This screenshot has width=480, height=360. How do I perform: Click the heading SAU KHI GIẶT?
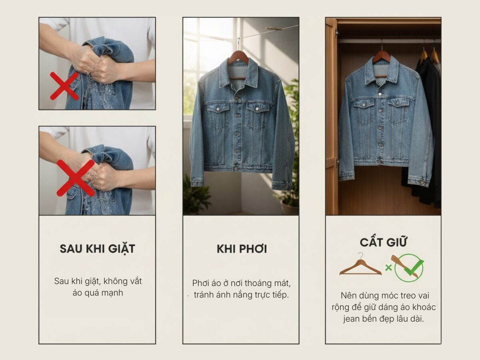tap(97, 248)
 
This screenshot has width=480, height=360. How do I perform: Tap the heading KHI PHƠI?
tap(242, 249)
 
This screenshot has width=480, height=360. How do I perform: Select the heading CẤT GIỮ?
tap(383, 242)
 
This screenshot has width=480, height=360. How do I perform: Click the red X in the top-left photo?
tap(64, 86)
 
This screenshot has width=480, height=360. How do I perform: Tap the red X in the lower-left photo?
tap(76, 178)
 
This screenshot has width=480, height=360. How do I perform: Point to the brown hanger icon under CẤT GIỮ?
tap(360, 266)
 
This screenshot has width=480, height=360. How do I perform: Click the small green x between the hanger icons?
tap(388, 268)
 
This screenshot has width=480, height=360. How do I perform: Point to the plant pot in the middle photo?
tap(289, 207)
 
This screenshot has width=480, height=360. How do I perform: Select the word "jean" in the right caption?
tap(352, 319)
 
